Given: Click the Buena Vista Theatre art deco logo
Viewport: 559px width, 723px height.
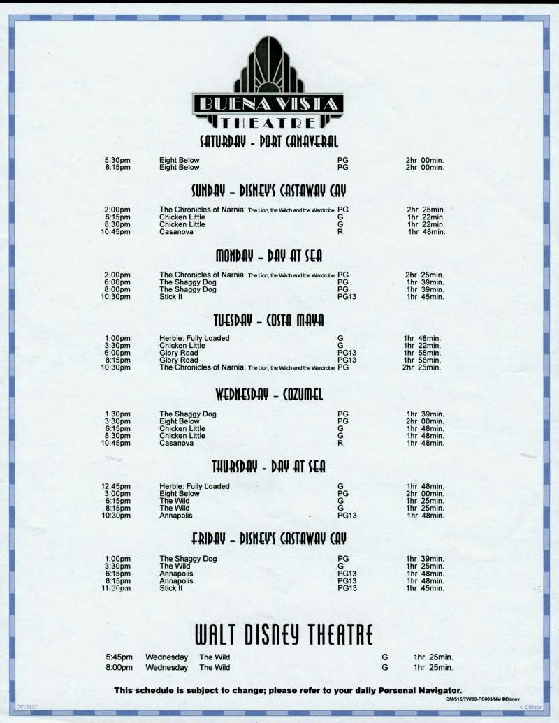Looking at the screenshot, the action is (268, 82).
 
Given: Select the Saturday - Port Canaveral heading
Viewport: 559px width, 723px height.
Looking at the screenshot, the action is (269, 142).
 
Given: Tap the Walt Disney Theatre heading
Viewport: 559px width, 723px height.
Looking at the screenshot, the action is (284, 634).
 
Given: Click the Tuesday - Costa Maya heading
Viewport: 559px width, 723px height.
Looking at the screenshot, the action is (268, 320).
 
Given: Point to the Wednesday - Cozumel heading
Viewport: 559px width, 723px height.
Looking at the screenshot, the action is (269, 395).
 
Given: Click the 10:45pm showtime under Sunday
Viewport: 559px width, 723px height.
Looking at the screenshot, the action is (116, 232).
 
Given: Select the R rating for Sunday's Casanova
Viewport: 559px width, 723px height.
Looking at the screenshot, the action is (340, 232).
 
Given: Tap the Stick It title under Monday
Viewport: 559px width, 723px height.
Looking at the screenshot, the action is (171, 297).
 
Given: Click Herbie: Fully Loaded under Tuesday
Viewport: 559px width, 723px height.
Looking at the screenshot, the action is (194, 338).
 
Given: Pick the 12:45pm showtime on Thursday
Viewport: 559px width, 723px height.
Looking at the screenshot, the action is (116, 486).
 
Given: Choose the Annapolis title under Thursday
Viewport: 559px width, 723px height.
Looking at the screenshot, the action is (175, 516).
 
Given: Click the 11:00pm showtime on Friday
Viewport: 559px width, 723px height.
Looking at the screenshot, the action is (116, 588).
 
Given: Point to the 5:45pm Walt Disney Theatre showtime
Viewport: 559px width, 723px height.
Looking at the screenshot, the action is (119, 657).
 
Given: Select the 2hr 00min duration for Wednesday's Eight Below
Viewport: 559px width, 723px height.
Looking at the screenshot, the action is (425, 421).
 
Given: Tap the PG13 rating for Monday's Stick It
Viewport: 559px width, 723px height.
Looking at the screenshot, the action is (347, 297).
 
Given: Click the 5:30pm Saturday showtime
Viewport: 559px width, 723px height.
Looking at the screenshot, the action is (117, 161).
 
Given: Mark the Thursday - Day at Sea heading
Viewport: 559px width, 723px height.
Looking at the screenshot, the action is (268, 467).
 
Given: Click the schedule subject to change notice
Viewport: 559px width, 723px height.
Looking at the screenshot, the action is (288, 690).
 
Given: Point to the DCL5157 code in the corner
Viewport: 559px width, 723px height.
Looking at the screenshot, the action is (27, 707).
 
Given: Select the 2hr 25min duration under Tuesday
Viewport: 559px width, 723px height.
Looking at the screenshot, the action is (421, 367).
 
